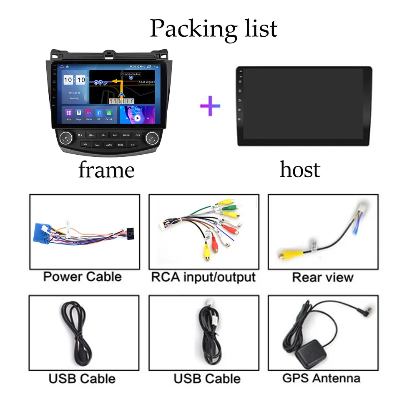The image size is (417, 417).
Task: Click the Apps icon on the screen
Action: pyautogui.click(x=69, y=113)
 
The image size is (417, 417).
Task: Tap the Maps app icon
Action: pyautogui.click(x=79, y=113)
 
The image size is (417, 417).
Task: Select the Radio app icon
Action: pyautogui.click(x=89, y=113)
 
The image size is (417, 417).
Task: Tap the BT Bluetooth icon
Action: pyautogui.click(x=99, y=113)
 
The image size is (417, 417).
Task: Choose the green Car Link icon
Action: pyautogui.click(x=109, y=113)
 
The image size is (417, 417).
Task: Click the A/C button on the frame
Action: pyautogui.click(x=115, y=135)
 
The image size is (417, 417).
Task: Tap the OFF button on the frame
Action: pyautogui.click(x=138, y=135)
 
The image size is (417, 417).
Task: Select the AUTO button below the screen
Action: pyautogui.click(x=109, y=145)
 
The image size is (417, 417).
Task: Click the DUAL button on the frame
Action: pyautogui.click(x=121, y=145)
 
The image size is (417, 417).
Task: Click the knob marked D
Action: pyautogui.click(x=152, y=138)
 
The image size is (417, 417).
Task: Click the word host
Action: pyautogui.click(x=300, y=170)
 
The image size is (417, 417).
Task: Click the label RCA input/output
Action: pyautogui.click(x=203, y=277)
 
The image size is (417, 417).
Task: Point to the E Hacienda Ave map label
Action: pyautogui.click(x=131, y=74)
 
